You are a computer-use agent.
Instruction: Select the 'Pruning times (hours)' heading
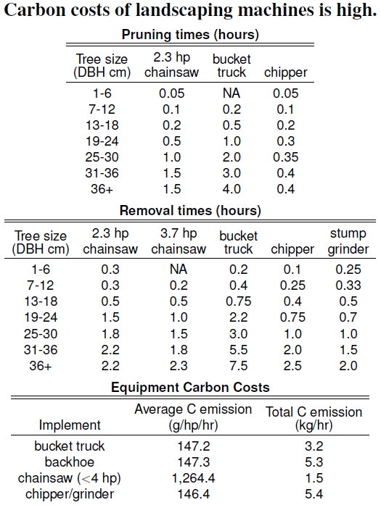(190, 35)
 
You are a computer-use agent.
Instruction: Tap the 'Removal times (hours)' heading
(190, 211)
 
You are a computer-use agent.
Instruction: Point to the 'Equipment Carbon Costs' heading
(190, 387)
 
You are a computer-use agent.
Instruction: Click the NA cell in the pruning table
(232, 93)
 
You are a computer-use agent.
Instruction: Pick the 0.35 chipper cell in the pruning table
(285, 157)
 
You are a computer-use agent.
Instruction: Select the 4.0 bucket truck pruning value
(232, 189)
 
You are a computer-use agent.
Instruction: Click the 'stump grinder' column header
(348, 241)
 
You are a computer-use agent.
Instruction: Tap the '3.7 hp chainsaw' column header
(179, 241)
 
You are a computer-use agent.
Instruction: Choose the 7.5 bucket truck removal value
(239, 366)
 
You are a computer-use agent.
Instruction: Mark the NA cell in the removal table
(179, 270)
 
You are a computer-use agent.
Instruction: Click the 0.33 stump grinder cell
(348, 285)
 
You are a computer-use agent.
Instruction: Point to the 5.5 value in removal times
(239, 350)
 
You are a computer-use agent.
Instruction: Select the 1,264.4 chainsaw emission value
(193, 478)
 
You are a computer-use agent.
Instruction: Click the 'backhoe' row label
(70, 462)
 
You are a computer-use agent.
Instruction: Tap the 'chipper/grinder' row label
(70, 494)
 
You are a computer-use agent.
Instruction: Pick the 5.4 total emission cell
(314, 494)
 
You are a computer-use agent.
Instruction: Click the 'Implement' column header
(70, 425)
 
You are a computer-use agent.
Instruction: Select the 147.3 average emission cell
(193, 462)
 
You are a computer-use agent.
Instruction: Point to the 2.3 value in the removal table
(179, 366)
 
